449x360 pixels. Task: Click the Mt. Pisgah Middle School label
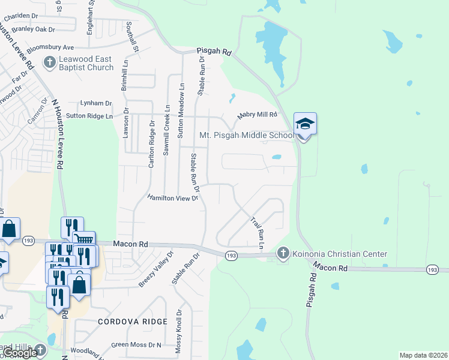click(x=247, y=135)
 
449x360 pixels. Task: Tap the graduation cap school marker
click(x=305, y=124)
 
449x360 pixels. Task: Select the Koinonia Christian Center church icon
click(x=283, y=254)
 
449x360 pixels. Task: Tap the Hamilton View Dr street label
click(x=173, y=197)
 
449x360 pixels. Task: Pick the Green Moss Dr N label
click(x=136, y=344)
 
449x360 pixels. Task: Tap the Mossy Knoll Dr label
click(x=178, y=329)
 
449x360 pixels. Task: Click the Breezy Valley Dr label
click(x=155, y=269)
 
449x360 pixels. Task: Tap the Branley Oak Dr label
click(x=34, y=29)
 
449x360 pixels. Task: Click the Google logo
click(x=20, y=353)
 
